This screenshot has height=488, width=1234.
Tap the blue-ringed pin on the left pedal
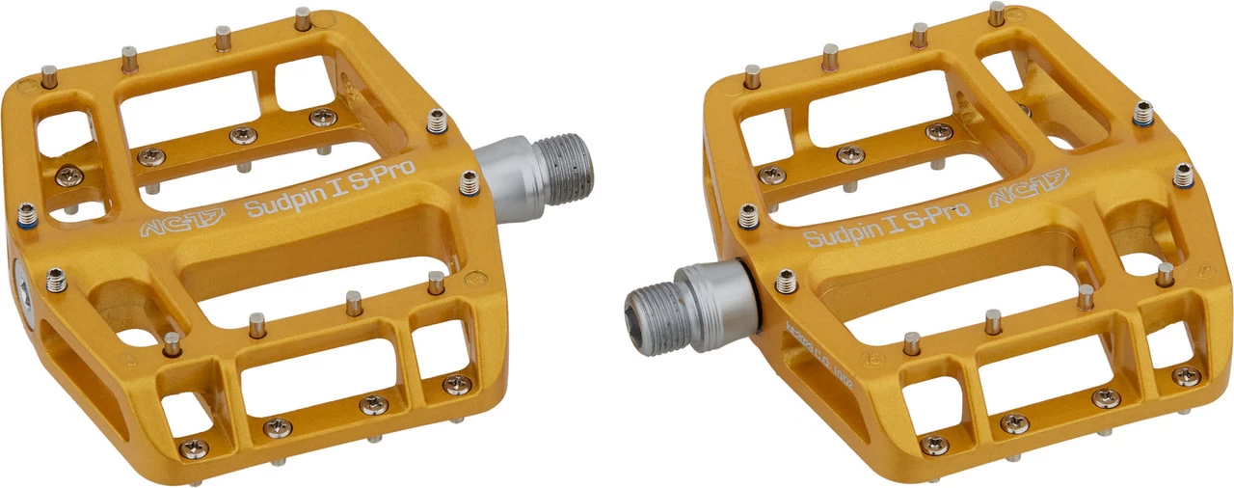click(26, 212)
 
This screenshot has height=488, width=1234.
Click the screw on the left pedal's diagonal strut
click(68, 175)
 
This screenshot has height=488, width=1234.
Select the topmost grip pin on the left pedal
click(303, 17)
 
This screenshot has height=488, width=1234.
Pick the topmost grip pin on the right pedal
click(996, 14)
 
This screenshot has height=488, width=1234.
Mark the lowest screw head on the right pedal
click(933, 445)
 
